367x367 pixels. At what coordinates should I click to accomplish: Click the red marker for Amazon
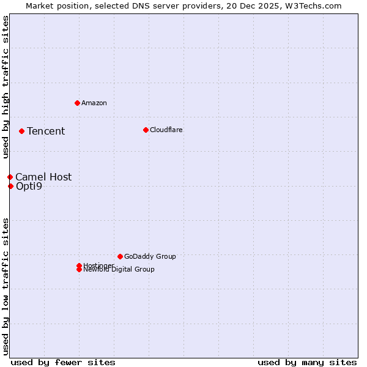[77, 103]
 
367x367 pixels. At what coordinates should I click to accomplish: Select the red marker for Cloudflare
[146, 130]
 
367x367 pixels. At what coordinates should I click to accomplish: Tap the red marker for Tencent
[21, 131]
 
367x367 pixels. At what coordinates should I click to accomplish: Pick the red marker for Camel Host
[10, 177]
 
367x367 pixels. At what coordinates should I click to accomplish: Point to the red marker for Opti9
[10, 186]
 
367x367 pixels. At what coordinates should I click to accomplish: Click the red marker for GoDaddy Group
[120, 256]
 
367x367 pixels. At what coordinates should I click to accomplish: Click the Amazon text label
[94, 103]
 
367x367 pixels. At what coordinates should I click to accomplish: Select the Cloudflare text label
[166, 130]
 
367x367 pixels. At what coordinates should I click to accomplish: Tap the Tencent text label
[46, 131]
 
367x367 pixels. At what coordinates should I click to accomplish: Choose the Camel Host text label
[43, 177]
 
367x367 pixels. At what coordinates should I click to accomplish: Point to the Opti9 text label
[29, 186]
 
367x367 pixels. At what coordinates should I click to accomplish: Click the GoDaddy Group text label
[150, 256]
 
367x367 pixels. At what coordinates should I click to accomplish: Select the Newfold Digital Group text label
[119, 270]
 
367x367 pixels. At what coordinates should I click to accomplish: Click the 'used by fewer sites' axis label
[63, 362]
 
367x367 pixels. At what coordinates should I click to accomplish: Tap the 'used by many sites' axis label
[307, 362]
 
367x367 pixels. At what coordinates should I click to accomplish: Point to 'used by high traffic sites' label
[6, 87]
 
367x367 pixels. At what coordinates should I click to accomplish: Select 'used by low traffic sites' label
[6, 286]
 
